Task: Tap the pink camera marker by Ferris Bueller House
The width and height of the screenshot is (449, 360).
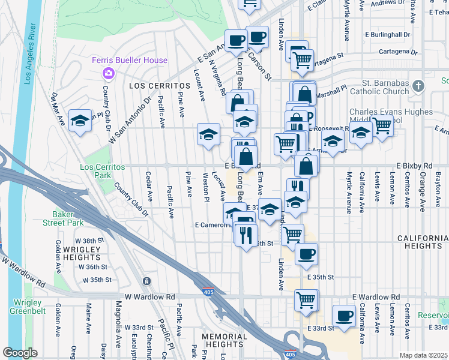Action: [x=109, y=73]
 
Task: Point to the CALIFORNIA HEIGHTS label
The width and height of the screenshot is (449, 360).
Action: [x=423, y=242]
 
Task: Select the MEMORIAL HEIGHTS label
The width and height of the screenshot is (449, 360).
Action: [x=224, y=341]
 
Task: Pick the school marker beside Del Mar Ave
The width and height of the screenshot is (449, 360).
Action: [x=80, y=121]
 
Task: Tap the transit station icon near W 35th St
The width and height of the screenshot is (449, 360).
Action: [x=146, y=281]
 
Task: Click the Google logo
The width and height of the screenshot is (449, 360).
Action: [x=20, y=353]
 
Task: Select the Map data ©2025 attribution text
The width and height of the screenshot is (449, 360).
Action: [x=424, y=355]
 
